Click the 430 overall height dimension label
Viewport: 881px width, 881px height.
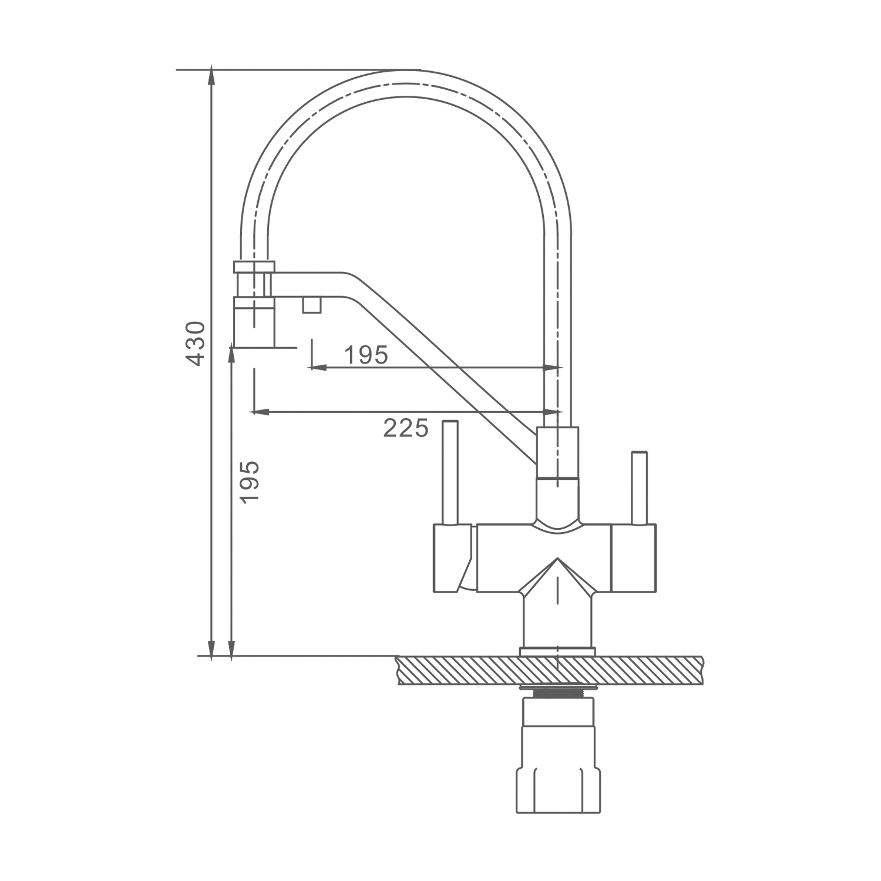tap(196, 343)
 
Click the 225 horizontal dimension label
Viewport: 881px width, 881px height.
tap(406, 428)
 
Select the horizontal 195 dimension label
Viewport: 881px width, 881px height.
tap(366, 355)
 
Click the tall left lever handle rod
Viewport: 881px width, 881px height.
tap(450, 472)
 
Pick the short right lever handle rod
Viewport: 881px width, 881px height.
tap(639, 487)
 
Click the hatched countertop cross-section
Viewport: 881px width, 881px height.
tap(550, 670)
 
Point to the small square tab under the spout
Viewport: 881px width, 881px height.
tap(312, 305)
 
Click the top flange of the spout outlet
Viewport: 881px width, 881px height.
tap(254, 267)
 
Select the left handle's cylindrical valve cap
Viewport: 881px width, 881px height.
tap(453, 558)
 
